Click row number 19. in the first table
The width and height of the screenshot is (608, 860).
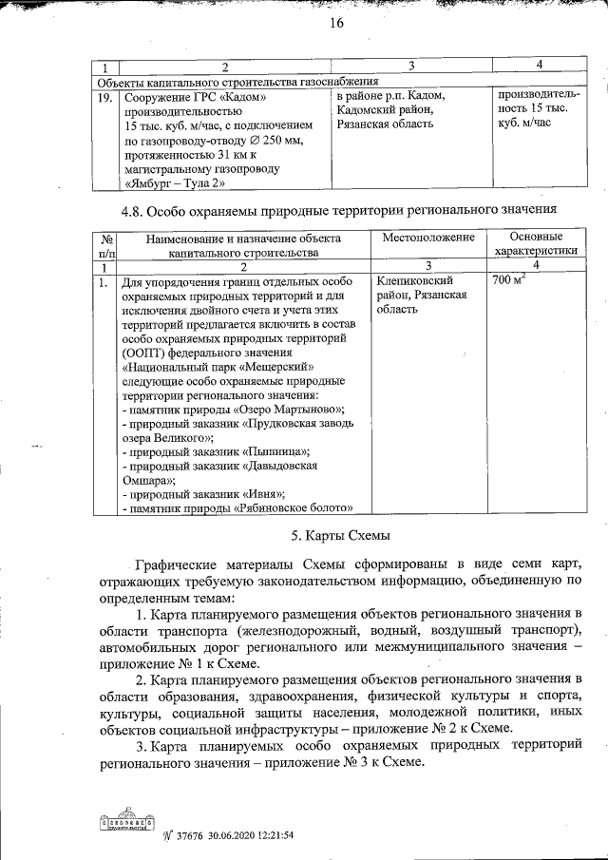click(x=106, y=98)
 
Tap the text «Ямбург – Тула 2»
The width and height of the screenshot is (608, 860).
click(x=175, y=182)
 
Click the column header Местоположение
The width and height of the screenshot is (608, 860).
click(x=428, y=237)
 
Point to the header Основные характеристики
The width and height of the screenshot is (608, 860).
click(x=536, y=244)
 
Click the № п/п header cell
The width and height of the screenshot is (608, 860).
click(x=107, y=245)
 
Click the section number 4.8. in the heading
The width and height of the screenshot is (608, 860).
click(x=140, y=209)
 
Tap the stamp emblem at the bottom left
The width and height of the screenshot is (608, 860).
click(x=124, y=819)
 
